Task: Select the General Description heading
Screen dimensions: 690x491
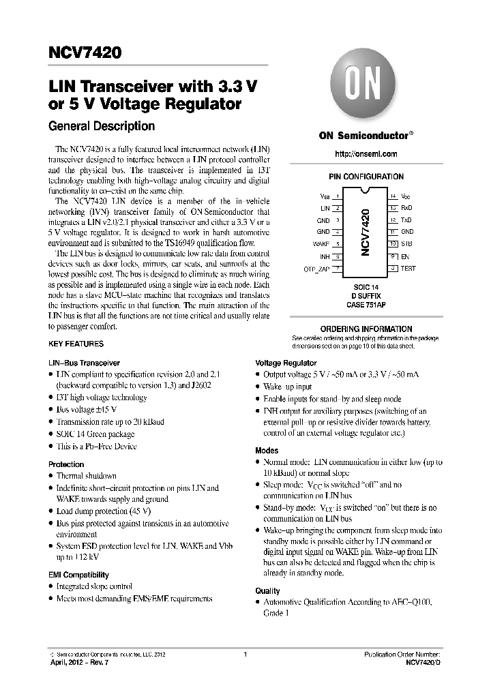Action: tap(101, 126)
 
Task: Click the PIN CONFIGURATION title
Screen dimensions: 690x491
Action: tap(366, 177)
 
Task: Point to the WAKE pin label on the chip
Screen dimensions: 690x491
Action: tap(321, 244)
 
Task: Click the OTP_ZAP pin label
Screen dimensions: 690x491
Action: tap(317, 269)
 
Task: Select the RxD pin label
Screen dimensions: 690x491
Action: tap(406, 208)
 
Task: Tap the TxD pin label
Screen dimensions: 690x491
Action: tap(406, 220)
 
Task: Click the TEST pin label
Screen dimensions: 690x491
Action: tap(408, 269)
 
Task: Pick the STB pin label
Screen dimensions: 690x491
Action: tap(406, 244)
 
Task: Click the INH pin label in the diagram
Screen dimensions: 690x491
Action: tap(325, 256)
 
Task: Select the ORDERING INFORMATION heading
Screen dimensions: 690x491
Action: tap(366, 329)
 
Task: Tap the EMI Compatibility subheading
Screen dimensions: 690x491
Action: tap(78, 575)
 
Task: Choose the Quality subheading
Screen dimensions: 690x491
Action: tap(267, 590)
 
